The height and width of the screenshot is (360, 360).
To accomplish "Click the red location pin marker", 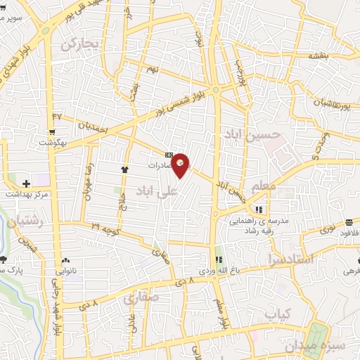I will [180, 165].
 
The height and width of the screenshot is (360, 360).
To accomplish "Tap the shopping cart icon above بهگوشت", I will [52, 131].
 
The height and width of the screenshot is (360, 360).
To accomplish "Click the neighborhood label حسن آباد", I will [252, 133].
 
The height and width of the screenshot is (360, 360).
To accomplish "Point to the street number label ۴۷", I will [57, 115].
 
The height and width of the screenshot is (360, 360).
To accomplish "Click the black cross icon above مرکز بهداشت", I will [25, 184].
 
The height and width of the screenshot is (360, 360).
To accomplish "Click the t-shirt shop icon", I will [125, 169].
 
